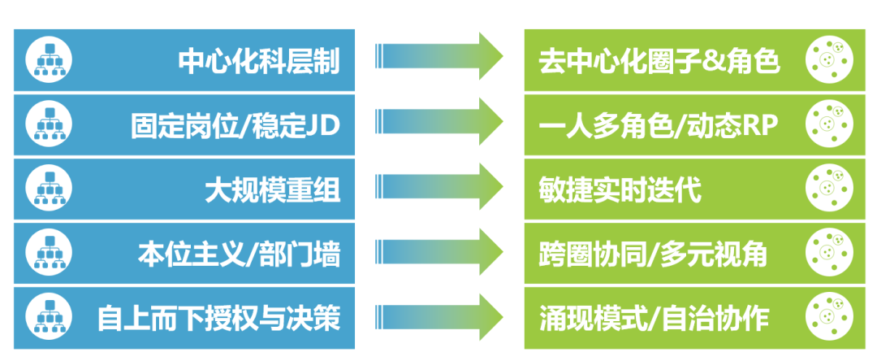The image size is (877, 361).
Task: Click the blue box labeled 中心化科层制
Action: click(x=184, y=60)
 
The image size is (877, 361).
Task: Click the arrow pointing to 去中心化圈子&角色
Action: click(x=439, y=58)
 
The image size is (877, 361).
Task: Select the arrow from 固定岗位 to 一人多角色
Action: click(x=439, y=123)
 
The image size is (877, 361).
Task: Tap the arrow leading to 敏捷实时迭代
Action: click(x=439, y=188)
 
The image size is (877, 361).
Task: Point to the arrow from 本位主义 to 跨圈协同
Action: click(x=439, y=252)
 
